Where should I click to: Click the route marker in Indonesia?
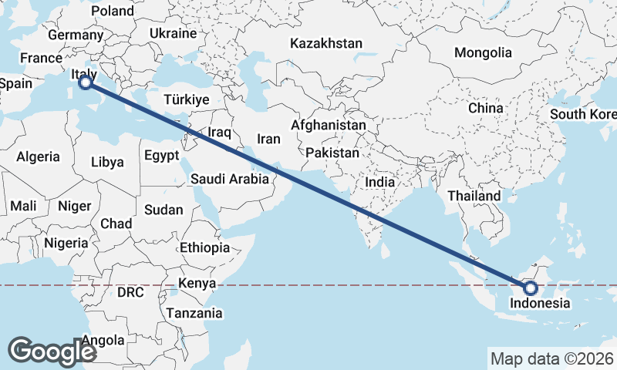[x=531, y=288]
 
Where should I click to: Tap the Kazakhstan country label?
[x=326, y=44]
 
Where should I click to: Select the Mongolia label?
[x=483, y=53]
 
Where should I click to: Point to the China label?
[x=486, y=108]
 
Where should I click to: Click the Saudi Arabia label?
[x=230, y=180]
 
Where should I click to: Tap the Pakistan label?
[x=332, y=153]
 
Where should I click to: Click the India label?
[x=379, y=183]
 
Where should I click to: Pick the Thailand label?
[x=474, y=197]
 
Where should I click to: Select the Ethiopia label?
[x=204, y=247]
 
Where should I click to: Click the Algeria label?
[x=38, y=156]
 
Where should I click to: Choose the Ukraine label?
[x=174, y=34]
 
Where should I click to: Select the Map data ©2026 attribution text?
[x=551, y=358]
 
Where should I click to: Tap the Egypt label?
[x=161, y=155]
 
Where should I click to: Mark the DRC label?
[x=130, y=293]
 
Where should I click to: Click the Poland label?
[x=112, y=11]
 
